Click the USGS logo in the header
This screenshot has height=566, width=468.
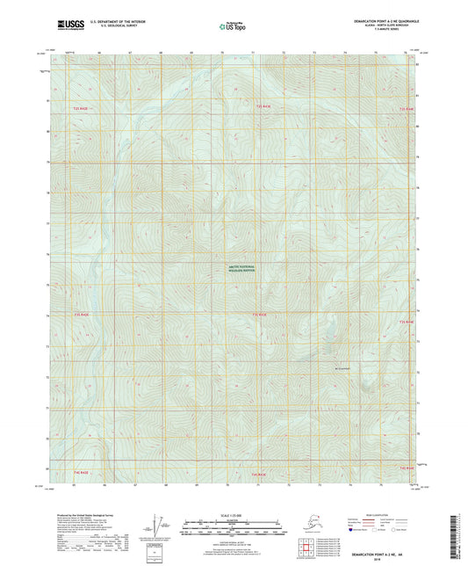point(66,25)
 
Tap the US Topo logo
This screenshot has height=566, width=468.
point(234,26)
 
